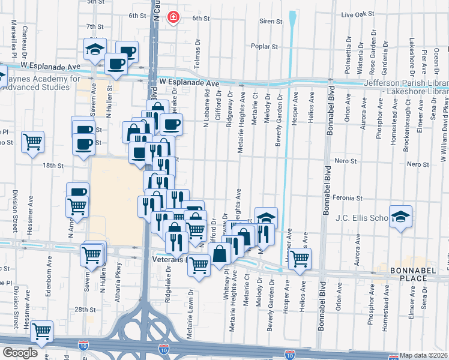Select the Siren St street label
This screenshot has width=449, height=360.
click(x=271, y=21)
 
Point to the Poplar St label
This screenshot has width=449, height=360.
click(x=265, y=46)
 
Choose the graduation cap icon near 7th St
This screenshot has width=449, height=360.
click(x=94, y=49)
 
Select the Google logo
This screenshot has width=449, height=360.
click(x=20, y=353)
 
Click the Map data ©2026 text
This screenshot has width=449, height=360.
click(x=424, y=355)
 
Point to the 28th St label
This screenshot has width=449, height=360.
click(x=86, y=309)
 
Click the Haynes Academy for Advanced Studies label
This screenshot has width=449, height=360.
click(x=41, y=83)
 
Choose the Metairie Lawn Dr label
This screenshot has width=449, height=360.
click(x=189, y=314)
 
